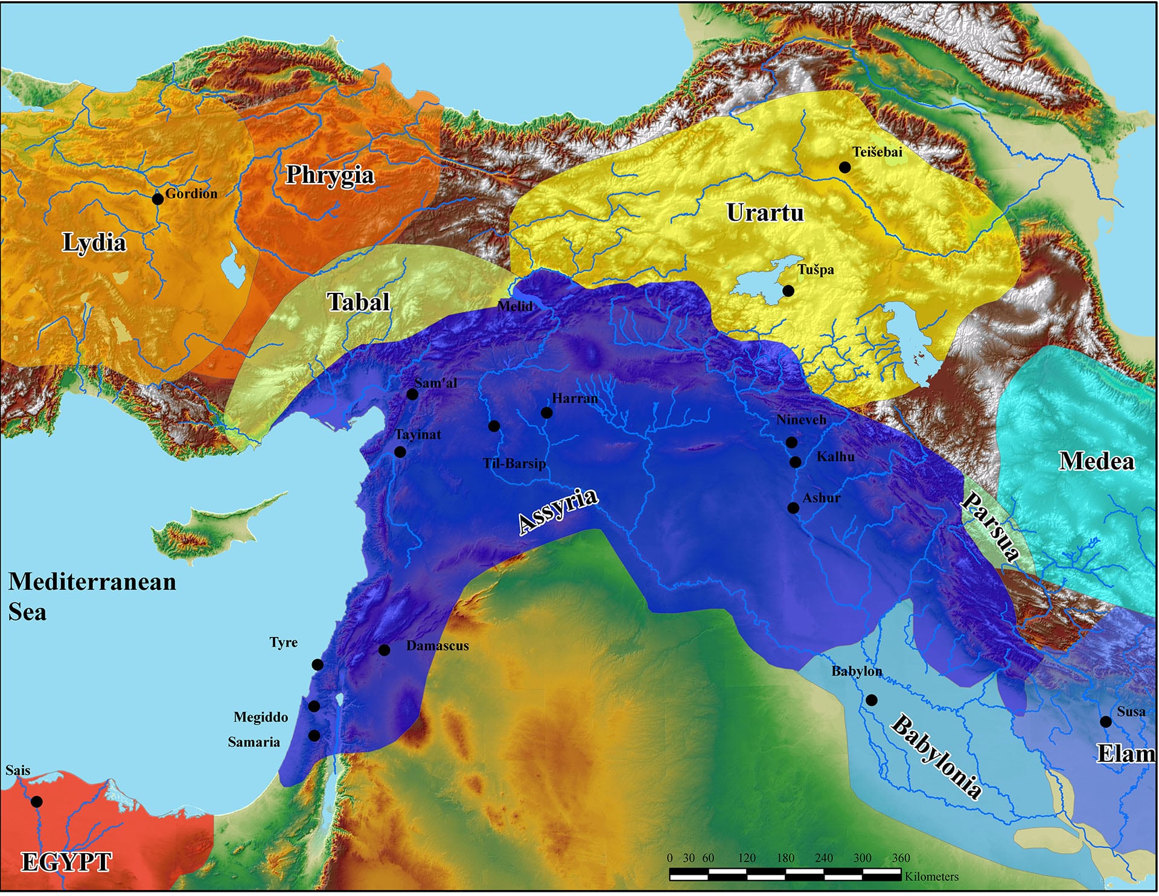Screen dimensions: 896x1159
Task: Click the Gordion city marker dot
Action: click(x=158, y=199)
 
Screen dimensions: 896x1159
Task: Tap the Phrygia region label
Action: click(x=330, y=175)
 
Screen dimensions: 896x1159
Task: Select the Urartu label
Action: click(x=765, y=213)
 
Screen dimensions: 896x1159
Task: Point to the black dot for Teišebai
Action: click(x=845, y=167)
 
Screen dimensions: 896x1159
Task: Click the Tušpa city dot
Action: click(x=788, y=291)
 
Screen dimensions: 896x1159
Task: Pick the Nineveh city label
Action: click(x=801, y=420)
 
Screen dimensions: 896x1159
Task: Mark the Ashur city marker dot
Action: click(x=793, y=508)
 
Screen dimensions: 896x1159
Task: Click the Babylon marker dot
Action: click(x=872, y=700)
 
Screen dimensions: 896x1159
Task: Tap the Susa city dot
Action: click(x=1106, y=722)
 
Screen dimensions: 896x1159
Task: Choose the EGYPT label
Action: click(x=66, y=862)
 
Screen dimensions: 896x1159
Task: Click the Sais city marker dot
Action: click(x=37, y=802)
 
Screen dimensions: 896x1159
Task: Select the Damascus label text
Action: click(x=437, y=646)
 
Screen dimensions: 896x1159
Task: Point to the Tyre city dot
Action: click(x=318, y=665)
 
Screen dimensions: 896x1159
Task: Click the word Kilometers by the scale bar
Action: click(x=931, y=876)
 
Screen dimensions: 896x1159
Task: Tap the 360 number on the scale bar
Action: click(x=901, y=858)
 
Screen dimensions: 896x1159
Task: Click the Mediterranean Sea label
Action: click(x=92, y=597)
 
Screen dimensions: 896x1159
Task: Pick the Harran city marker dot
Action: click(x=547, y=413)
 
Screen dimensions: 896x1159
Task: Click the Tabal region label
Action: click(x=359, y=302)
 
